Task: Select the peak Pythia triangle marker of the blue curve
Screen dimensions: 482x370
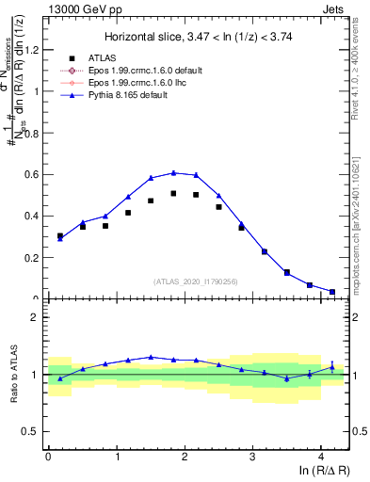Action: (173, 172)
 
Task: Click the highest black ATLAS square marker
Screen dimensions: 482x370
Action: (173, 193)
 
